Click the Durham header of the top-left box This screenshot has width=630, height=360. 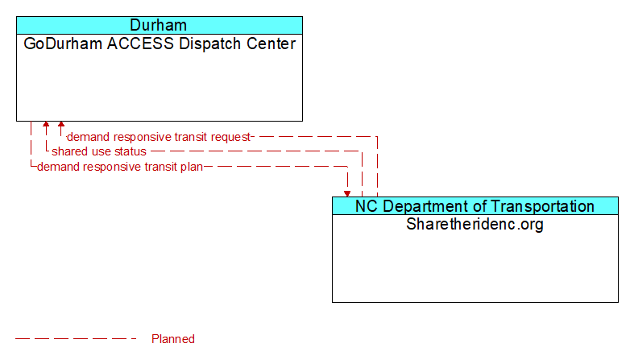[x=159, y=25]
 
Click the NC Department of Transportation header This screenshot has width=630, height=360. [x=475, y=206]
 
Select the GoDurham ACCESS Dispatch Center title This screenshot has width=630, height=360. [x=160, y=43]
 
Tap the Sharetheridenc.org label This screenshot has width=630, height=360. [x=475, y=224]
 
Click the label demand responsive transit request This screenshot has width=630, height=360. [x=159, y=137]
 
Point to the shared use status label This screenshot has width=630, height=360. [x=99, y=151]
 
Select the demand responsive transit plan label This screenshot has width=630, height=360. [x=120, y=167]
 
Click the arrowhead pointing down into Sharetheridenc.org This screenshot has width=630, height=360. [x=347, y=193]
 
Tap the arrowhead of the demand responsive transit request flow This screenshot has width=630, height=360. [x=61, y=126]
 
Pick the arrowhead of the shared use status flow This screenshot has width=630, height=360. [x=46, y=126]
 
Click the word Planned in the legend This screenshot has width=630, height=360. [x=173, y=339]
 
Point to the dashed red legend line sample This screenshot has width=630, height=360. [x=77, y=339]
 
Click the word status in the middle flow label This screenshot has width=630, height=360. [x=130, y=151]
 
